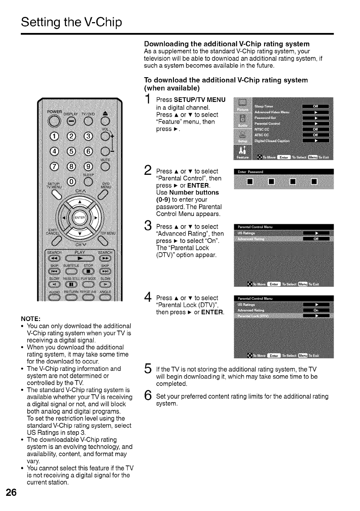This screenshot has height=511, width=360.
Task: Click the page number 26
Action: tap(11, 493)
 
